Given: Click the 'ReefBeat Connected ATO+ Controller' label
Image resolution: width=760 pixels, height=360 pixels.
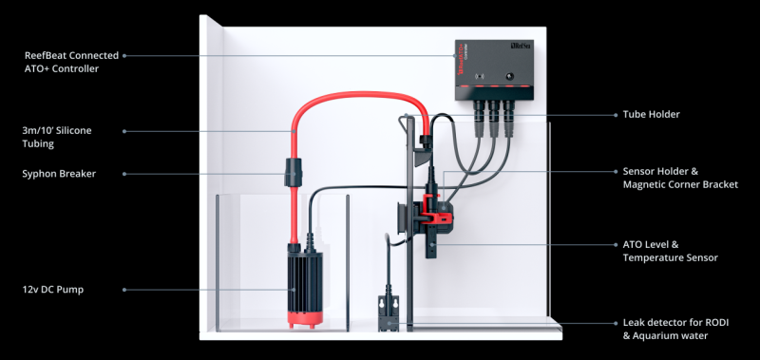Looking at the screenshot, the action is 71,62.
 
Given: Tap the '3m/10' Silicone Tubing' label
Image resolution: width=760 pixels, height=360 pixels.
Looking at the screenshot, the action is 57,137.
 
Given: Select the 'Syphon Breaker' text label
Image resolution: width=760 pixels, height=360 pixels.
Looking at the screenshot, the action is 59,174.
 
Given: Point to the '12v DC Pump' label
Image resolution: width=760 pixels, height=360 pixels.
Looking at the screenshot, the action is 53,290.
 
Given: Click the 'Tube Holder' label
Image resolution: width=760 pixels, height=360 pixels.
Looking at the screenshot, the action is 652,115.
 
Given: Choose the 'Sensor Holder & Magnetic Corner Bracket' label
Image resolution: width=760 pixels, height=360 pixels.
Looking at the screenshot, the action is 680,178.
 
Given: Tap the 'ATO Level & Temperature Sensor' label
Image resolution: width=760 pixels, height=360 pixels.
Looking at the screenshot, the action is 671,251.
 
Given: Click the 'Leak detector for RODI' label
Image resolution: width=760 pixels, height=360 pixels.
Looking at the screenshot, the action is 675,323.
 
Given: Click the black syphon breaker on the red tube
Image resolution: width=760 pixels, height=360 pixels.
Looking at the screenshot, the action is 293,172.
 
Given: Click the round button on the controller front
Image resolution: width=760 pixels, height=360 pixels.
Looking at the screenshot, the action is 510,77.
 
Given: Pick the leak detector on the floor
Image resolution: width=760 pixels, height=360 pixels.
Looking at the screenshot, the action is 389,313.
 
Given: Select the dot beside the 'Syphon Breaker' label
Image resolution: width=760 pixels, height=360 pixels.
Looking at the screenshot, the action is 124,174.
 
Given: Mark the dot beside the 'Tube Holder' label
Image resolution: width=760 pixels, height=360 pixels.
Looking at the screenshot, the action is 617,115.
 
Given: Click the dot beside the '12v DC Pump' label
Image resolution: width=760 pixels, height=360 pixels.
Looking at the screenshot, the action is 124,290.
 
